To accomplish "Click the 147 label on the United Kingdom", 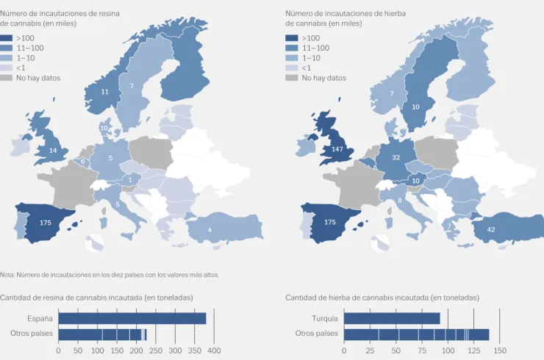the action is [x=337, y=149].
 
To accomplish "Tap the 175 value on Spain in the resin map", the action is [x=46, y=223].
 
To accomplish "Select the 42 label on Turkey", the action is [x=491, y=230].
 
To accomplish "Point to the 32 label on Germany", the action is [x=396, y=157].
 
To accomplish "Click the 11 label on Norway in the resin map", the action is [x=105, y=92].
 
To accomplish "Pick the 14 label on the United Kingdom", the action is [x=53, y=151].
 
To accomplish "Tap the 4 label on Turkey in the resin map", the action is [x=210, y=230].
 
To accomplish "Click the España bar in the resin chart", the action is [x=132, y=318].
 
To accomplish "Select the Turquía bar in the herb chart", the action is [x=392, y=318].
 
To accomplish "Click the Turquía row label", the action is [x=325, y=318].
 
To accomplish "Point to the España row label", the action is [x=40, y=318].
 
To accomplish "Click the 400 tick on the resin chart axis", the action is [x=214, y=350].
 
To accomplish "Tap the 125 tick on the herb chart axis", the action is [x=474, y=350].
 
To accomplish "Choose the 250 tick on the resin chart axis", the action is [x=156, y=350].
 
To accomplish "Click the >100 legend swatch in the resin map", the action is [x=6, y=38].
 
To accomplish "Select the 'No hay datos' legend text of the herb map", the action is [x=323, y=78].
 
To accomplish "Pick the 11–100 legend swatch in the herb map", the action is [x=291, y=48].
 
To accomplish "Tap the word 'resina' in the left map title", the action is [x=109, y=13].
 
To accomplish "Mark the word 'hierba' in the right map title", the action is [x=395, y=13].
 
